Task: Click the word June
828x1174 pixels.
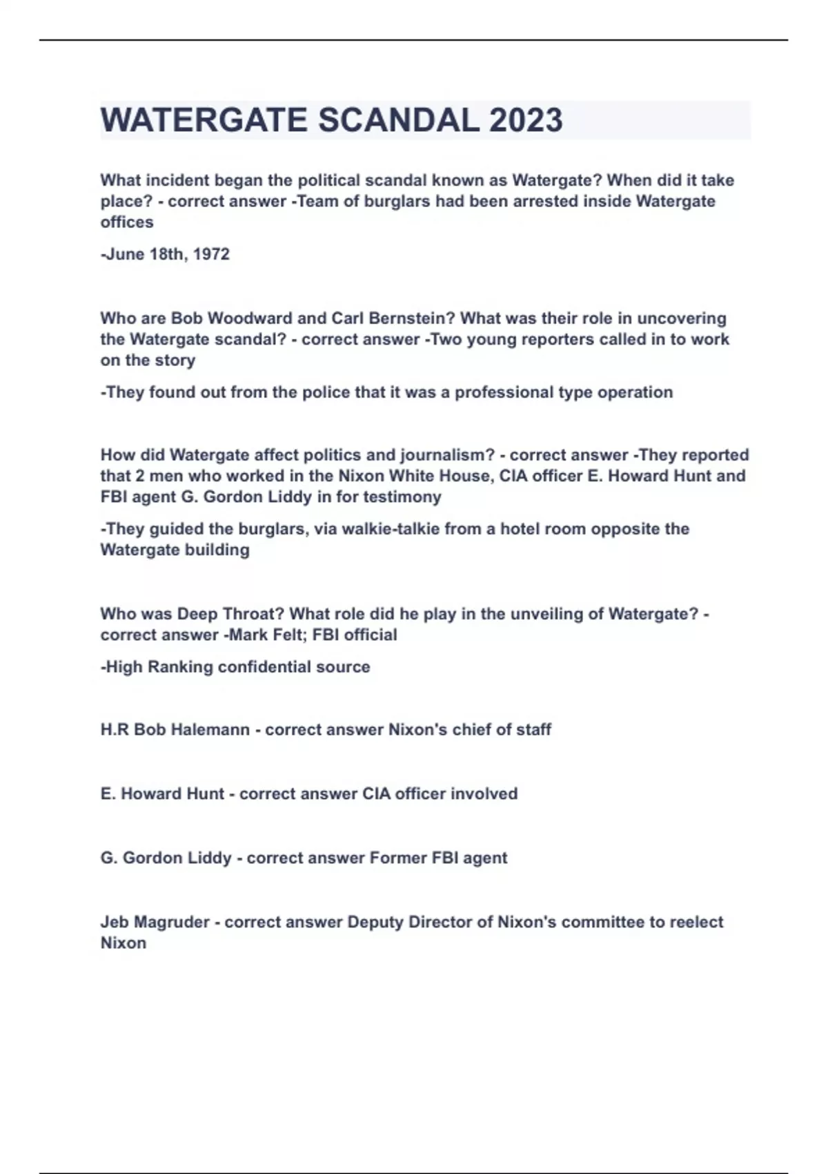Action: [124, 254]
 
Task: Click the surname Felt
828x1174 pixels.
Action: [284, 635]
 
